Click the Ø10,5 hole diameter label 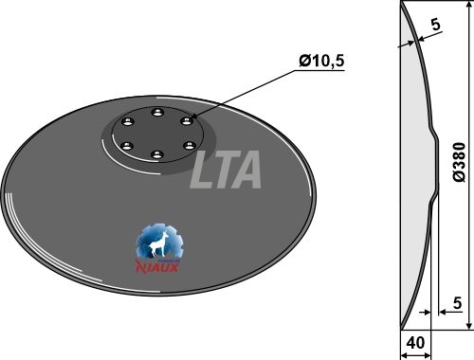321,61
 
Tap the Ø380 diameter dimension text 459,162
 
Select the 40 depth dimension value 415,343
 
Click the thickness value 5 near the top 436,25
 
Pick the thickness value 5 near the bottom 457,303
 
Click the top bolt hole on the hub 157,113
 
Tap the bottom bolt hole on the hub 157,154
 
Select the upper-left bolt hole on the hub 128,122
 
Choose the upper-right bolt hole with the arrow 187,121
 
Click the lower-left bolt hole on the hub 127,146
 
